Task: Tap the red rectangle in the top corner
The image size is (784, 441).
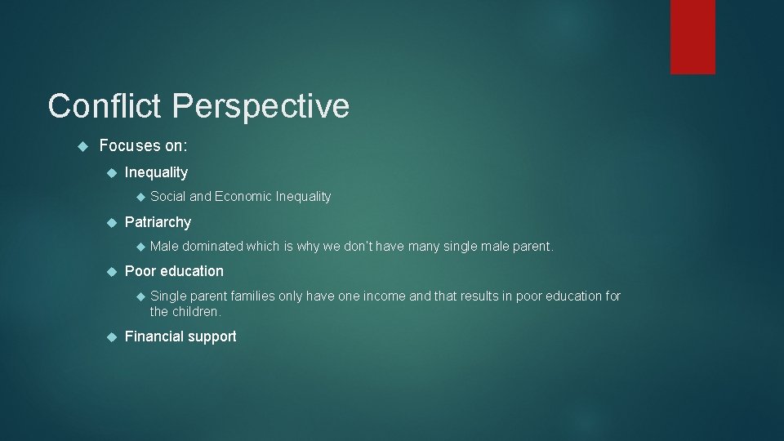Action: [693, 37]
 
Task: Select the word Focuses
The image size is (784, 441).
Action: [130, 146]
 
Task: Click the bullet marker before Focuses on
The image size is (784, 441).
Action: [81, 146]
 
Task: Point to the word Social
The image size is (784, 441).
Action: [168, 196]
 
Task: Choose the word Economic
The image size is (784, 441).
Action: [243, 196]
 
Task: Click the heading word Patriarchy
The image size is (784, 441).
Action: [158, 222]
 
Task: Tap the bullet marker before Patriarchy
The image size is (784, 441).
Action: [112, 222]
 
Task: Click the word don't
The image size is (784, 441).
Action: [339, 246]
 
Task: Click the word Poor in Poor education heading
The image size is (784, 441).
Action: [140, 271]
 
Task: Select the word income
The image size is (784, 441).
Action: [383, 296]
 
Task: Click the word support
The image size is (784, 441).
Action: [210, 337]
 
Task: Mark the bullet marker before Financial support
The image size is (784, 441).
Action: [112, 336]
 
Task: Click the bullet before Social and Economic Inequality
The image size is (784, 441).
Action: [140, 197]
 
